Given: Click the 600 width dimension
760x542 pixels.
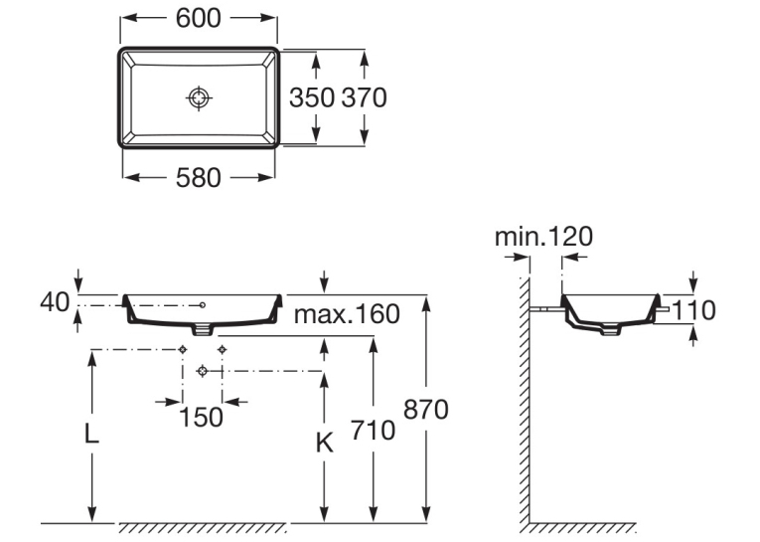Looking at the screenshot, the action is pyautogui.click(x=199, y=19).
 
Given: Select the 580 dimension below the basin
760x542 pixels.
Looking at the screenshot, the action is pyautogui.click(x=199, y=178).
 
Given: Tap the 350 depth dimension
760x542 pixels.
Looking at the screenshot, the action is pyautogui.click(x=312, y=97).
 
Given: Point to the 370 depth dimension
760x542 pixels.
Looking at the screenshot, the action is pyautogui.click(x=364, y=97).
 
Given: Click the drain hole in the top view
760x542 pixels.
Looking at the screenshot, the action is pyautogui.click(x=199, y=98).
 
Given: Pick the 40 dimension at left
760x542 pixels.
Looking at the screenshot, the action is pyautogui.click(x=55, y=302).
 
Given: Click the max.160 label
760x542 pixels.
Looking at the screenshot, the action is pyautogui.click(x=347, y=314).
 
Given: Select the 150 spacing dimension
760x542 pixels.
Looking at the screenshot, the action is pyautogui.click(x=201, y=417).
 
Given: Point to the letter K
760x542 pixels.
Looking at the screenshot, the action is pyautogui.click(x=324, y=443).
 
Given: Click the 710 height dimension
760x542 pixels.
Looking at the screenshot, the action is pyautogui.click(x=373, y=431).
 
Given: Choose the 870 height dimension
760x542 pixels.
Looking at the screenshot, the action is pyautogui.click(x=426, y=410).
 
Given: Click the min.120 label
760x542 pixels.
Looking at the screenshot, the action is pyautogui.click(x=543, y=237).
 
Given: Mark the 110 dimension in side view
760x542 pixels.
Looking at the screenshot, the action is pyautogui.click(x=693, y=310).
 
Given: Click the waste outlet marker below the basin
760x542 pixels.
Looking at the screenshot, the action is pyautogui.click(x=203, y=371).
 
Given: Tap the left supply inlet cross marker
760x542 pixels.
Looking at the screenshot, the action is pyautogui.click(x=183, y=349).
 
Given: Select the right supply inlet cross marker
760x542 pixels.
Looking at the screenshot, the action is pyautogui.click(x=222, y=349).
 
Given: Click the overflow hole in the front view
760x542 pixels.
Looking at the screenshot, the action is pyautogui.click(x=203, y=304).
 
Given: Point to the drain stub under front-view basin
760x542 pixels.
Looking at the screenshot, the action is pyautogui.click(x=203, y=330).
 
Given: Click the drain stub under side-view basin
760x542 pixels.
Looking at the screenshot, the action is pyautogui.click(x=610, y=330).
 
